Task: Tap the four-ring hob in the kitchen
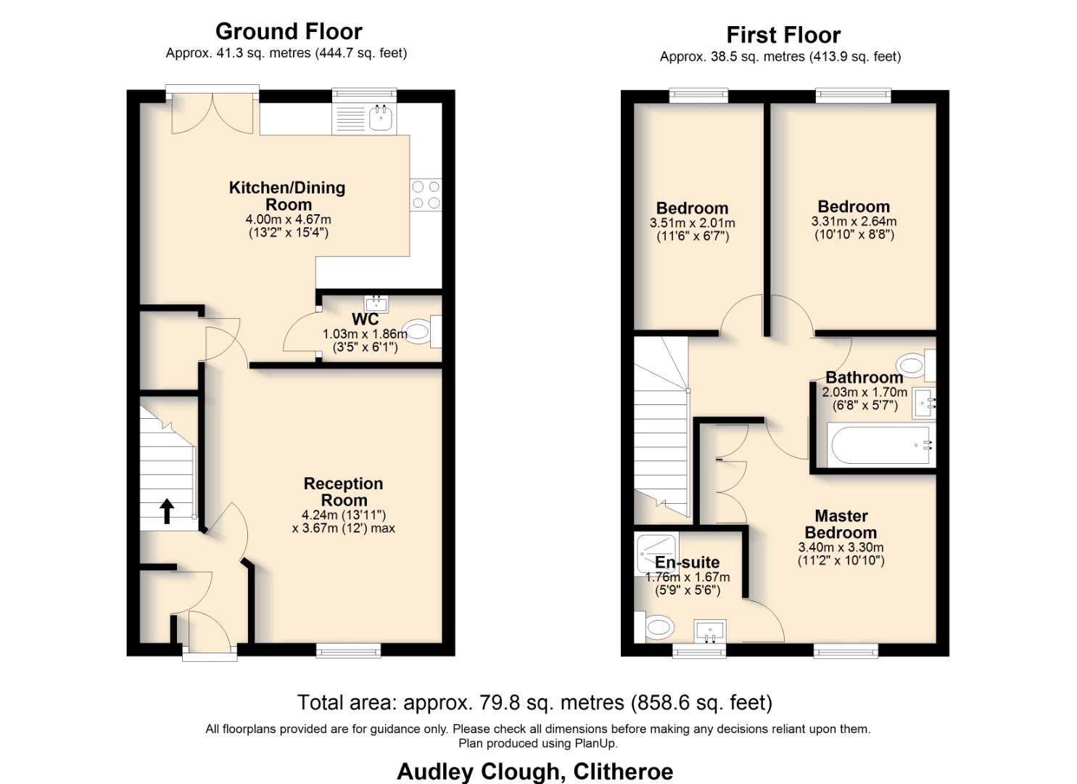426,195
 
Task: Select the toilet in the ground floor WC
418,331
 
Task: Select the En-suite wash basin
710,631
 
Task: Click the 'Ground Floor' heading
289,31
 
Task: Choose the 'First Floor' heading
783,35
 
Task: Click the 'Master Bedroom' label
841,524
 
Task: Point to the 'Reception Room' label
344,491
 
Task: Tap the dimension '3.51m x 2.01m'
692,223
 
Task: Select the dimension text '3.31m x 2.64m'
854,221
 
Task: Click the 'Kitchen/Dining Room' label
287,196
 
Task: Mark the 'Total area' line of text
535,703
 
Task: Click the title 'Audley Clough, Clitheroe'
535,771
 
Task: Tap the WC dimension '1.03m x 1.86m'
365,334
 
